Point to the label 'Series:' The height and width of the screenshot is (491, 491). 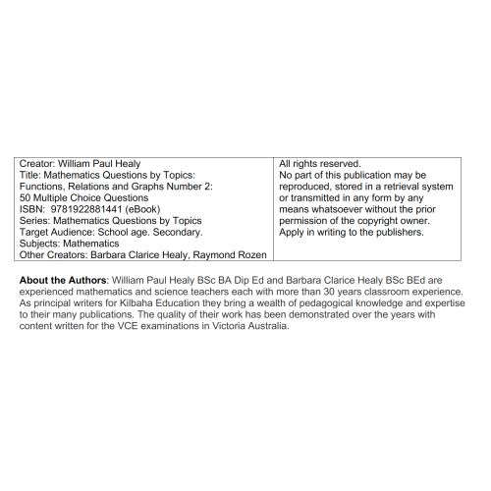(35, 221)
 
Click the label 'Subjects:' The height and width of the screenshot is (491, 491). (42, 245)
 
